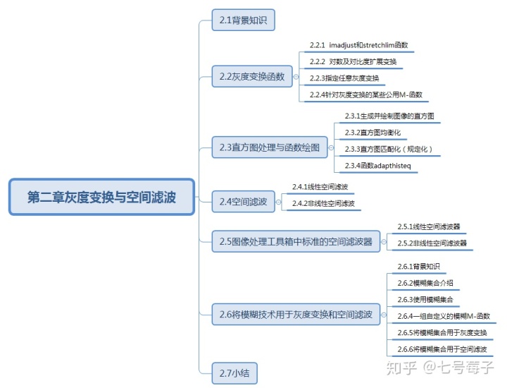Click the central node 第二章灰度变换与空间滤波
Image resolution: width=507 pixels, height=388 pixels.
pos(101,197)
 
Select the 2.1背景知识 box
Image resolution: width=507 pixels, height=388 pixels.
pos(243,20)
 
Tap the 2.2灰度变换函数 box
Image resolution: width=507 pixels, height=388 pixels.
pos(251,76)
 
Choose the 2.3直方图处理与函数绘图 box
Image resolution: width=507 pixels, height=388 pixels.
pos(269,147)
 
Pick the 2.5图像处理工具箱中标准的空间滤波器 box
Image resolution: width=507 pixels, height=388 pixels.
pos(296,241)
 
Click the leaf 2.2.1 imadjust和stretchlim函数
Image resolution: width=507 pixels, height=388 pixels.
pos(358,44)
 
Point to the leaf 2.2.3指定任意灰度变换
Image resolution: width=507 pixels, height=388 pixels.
pos(344,78)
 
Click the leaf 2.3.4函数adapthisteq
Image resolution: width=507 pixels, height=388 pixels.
pos(377,166)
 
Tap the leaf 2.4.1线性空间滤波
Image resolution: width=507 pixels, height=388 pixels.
pos(320,187)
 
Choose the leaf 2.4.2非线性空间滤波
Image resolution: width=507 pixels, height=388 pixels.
pos(323,204)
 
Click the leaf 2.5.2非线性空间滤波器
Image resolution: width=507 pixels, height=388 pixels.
pos(431,243)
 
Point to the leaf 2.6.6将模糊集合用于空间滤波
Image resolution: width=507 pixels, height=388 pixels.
pos(442,349)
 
